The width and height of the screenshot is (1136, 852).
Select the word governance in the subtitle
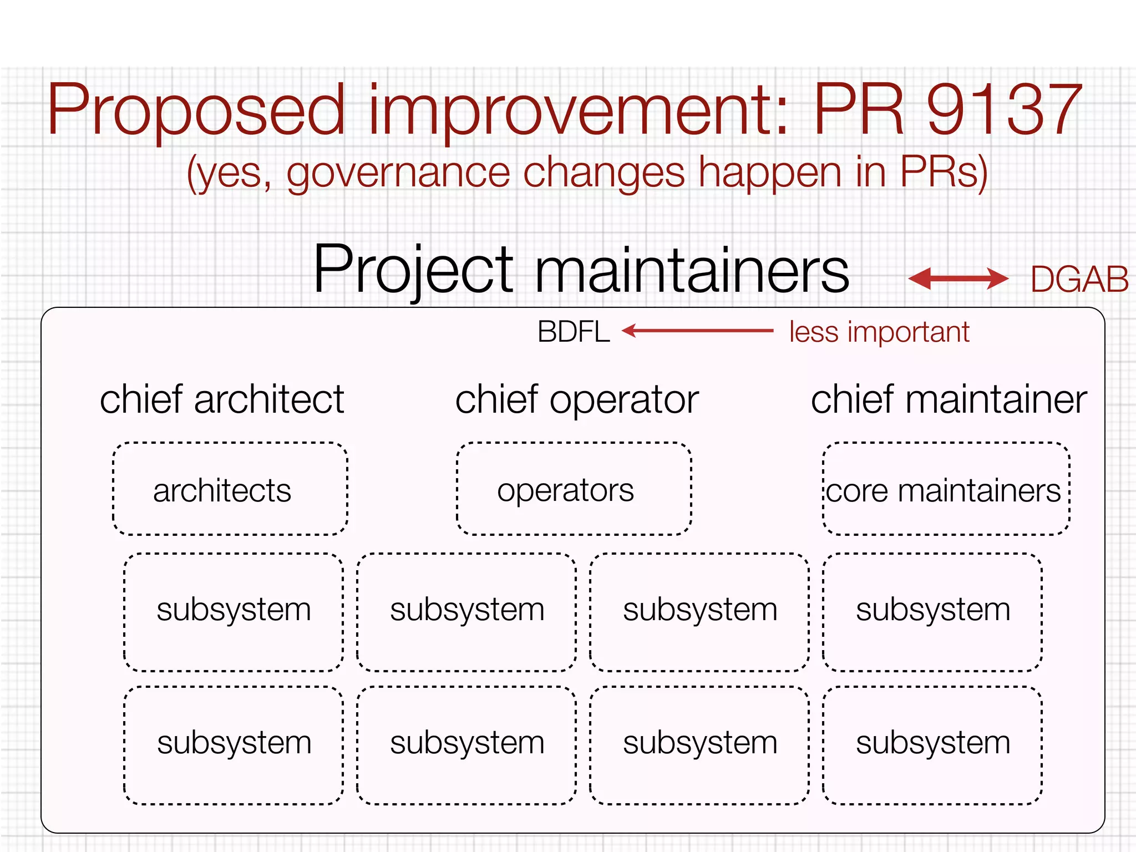[x=398, y=174]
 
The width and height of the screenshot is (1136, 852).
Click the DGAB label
[x=1079, y=280]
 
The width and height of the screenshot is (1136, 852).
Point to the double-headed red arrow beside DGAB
[x=958, y=278]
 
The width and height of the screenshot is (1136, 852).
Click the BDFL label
[x=574, y=332]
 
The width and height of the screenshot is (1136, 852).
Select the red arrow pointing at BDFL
[x=697, y=331]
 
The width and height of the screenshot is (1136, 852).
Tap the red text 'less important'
[x=879, y=332]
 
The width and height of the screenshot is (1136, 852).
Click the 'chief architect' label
[x=222, y=399]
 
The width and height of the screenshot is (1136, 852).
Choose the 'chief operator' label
[x=577, y=399]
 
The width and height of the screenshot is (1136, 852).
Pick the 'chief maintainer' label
[x=949, y=399]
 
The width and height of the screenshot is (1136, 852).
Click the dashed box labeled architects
[x=230, y=489]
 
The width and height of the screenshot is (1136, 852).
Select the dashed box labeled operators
[x=574, y=489]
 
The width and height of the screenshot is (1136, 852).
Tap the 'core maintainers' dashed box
[x=946, y=489]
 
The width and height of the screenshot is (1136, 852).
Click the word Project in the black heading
[x=413, y=270]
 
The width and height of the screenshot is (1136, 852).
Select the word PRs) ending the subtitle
[x=944, y=174]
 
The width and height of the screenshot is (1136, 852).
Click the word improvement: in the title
[x=577, y=111]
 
